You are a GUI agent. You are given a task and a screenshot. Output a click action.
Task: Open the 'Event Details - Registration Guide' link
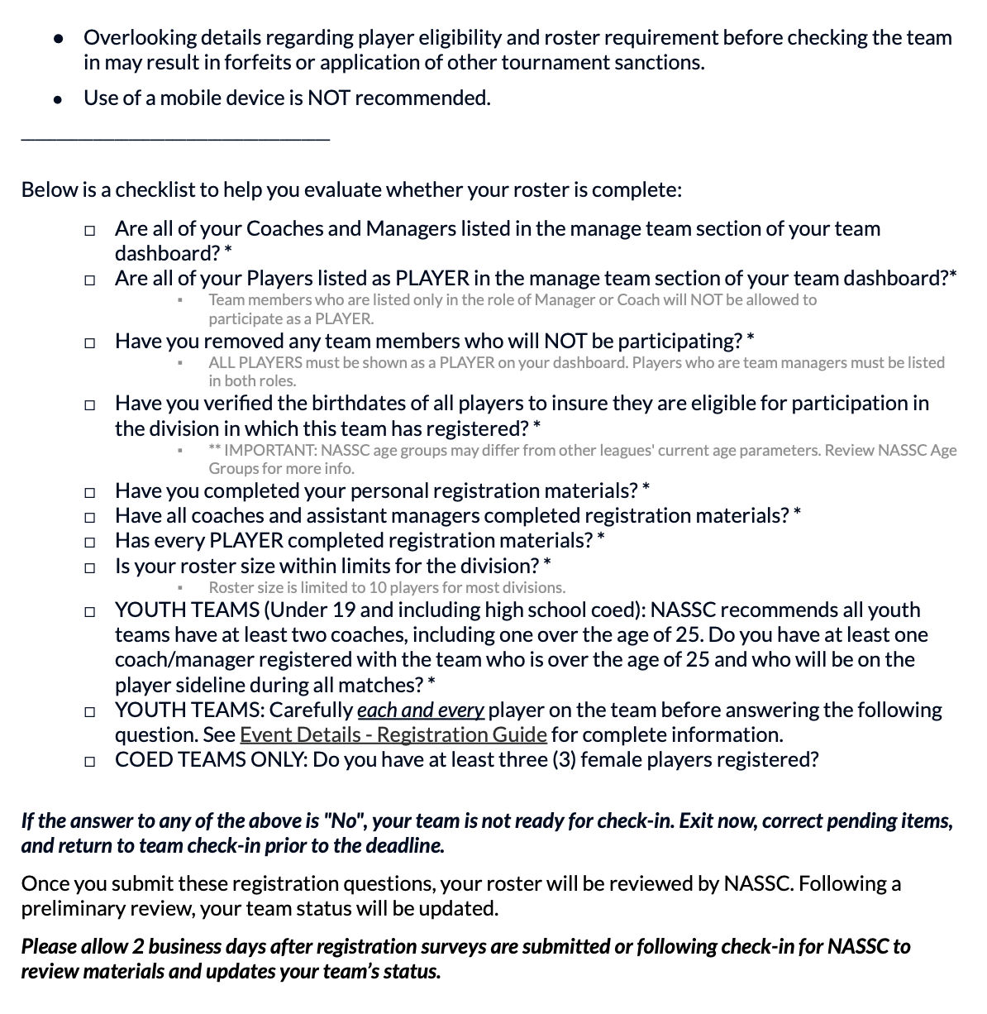coord(393,734)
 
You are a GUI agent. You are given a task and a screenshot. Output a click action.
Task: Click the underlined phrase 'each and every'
coord(420,710)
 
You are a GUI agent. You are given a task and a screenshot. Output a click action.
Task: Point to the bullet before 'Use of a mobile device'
coord(57,99)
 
